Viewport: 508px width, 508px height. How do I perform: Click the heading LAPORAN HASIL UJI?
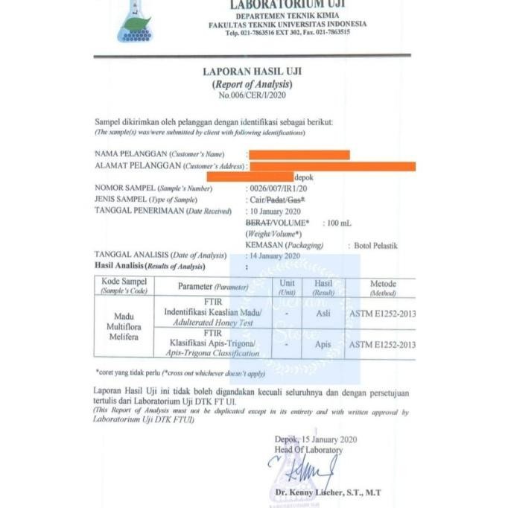pyautogui.click(x=252, y=72)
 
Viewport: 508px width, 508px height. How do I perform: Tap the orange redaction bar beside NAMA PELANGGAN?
pyautogui.click(x=299, y=154)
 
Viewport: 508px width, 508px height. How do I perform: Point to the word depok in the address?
pyautogui.click(x=305, y=177)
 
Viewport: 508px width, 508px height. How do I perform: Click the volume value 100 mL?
pyautogui.click(x=340, y=223)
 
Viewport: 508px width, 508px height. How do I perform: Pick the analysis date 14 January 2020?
pyautogui.click(x=276, y=255)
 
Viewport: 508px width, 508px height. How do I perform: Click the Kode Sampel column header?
pyautogui.click(x=124, y=286)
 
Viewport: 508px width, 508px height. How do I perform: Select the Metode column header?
pyautogui.click(x=383, y=288)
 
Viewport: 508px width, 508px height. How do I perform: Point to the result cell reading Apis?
pyautogui.click(x=323, y=345)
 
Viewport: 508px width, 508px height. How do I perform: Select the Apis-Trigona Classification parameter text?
pyautogui.click(x=212, y=353)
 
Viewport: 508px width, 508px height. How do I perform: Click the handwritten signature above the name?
pyautogui.click(x=304, y=472)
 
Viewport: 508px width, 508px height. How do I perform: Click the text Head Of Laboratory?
pyautogui.click(x=308, y=449)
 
